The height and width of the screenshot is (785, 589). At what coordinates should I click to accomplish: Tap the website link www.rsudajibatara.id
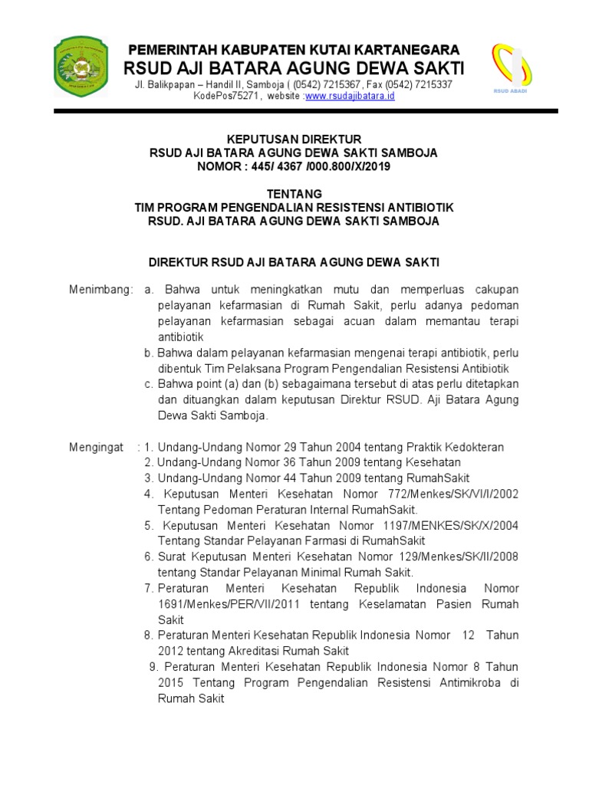[350, 96]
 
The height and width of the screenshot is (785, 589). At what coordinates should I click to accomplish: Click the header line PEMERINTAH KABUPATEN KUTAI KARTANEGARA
[294, 50]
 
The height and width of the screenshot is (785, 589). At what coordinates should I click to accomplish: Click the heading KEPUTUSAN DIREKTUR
[294, 140]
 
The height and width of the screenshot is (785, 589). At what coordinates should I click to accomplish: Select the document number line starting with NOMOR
[294, 166]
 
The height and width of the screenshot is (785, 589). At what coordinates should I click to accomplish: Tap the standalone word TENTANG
[294, 193]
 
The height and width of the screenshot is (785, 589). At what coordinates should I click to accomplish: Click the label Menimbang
[100, 290]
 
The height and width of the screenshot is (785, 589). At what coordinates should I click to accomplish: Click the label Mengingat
[97, 447]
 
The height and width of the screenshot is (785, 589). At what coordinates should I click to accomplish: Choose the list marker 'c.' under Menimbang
[150, 384]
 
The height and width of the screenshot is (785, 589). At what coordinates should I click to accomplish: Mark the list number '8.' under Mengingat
[149, 636]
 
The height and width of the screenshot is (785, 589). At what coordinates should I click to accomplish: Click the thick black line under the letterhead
[305, 112]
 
